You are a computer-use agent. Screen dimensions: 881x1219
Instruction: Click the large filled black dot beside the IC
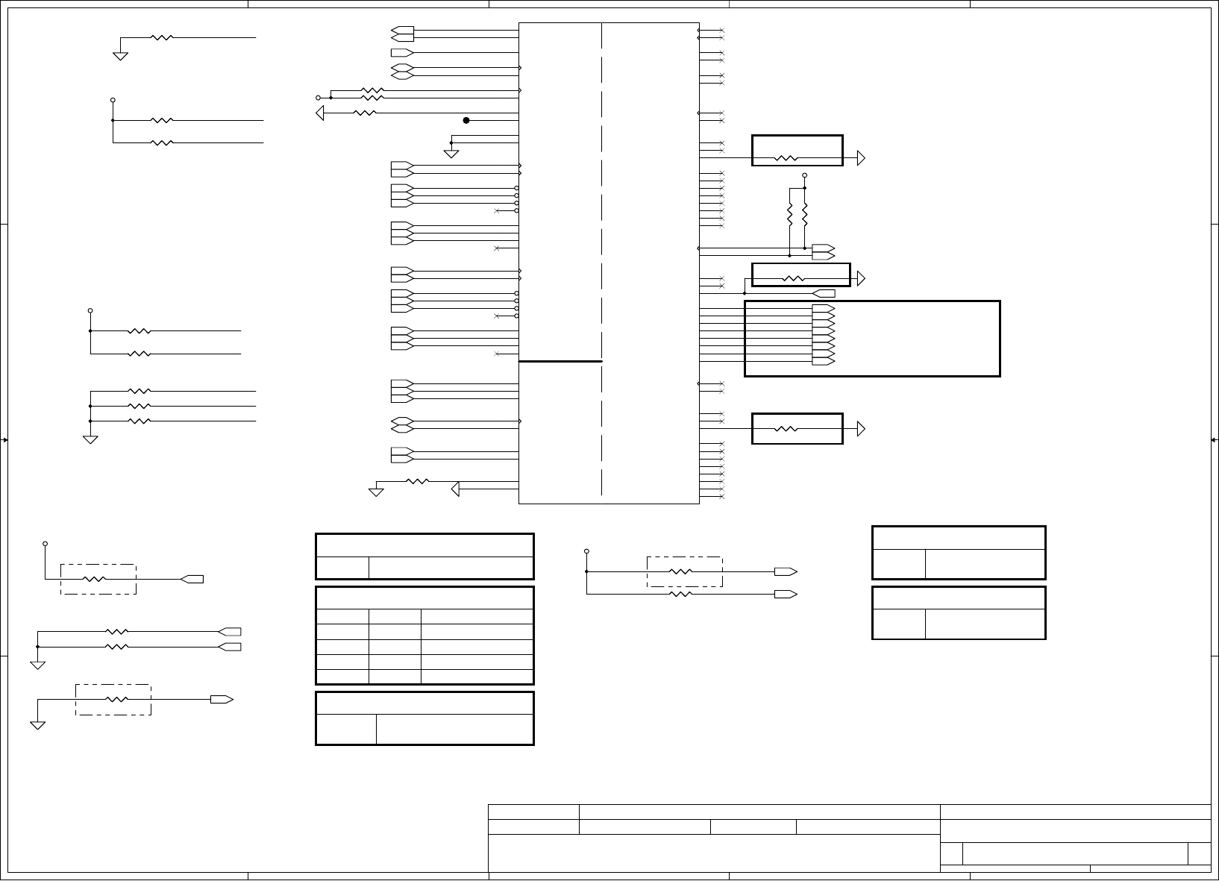pyautogui.click(x=466, y=120)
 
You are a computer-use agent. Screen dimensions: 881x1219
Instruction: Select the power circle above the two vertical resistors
pyautogui.click(x=804, y=175)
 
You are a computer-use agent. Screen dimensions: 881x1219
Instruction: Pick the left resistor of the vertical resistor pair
pyautogui.click(x=789, y=214)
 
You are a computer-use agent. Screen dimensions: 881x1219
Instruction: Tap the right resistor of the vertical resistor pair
pyautogui.click(x=804, y=214)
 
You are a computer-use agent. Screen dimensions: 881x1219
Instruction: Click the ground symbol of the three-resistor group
pyautogui.click(x=90, y=439)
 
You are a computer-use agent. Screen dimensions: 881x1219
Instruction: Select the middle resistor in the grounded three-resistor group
pyautogui.click(x=140, y=406)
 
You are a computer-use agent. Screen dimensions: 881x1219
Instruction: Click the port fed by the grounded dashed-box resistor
pyautogui.click(x=222, y=699)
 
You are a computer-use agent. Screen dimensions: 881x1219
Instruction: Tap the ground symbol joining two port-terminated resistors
pyautogui.click(x=38, y=665)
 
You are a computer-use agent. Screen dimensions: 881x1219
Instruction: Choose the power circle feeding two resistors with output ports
pyautogui.click(x=586, y=552)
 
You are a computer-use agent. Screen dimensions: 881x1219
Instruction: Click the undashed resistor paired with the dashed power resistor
pyautogui.click(x=680, y=594)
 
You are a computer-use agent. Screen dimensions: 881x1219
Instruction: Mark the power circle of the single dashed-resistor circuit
pyautogui.click(x=46, y=543)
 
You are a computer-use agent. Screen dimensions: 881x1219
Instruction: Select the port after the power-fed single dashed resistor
pyautogui.click(x=192, y=579)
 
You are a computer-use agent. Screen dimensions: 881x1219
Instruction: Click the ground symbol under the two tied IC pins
pyautogui.click(x=451, y=154)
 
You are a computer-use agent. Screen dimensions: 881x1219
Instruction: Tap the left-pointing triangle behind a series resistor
pyautogui.click(x=320, y=113)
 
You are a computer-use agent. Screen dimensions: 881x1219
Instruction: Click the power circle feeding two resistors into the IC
pyautogui.click(x=318, y=98)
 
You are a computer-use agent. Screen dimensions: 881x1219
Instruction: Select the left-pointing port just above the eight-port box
pyautogui.click(x=824, y=293)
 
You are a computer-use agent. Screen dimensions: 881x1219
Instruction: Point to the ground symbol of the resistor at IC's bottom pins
pyautogui.click(x=376, y=492)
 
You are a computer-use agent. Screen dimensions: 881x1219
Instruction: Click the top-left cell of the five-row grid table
pyautogui.click(x=342, y=616)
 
